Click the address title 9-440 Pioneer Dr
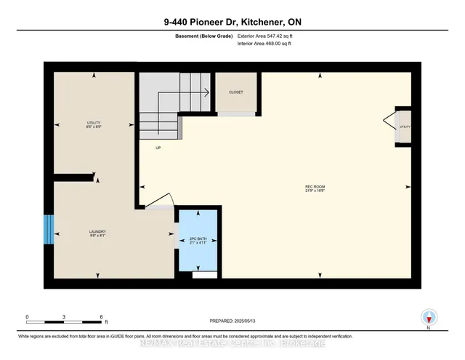coord(232,23)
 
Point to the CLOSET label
coord(235,92)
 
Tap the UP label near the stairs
coord(158,148)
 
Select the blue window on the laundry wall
coord(48,231)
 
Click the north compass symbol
coord(429,317)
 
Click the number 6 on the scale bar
coord(102,316)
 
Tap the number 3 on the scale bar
coord(65,316)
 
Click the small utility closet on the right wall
coord(404,127)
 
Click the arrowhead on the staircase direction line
coord(207,92)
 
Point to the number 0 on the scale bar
coord(27,316)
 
